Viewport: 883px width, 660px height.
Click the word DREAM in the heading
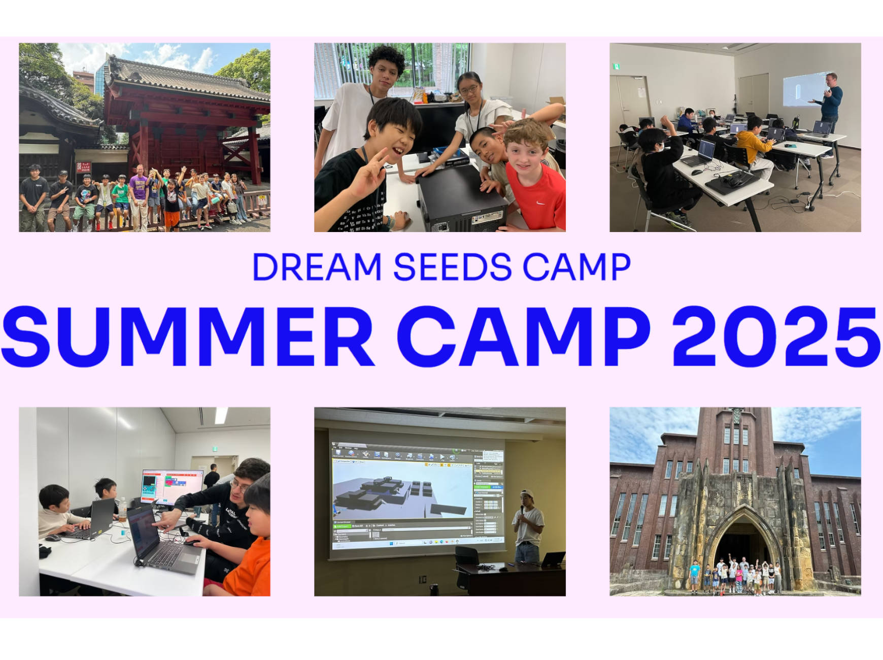[317, 267]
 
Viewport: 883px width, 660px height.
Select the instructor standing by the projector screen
[828, 102]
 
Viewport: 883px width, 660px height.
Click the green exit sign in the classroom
[616, 67]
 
